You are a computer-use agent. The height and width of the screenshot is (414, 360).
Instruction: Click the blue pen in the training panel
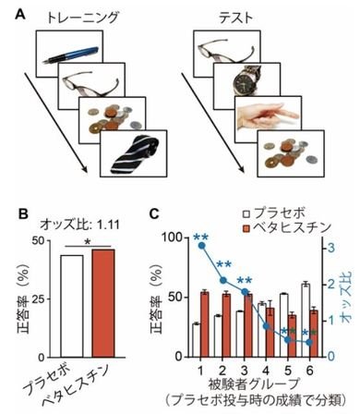(x=71, y=55)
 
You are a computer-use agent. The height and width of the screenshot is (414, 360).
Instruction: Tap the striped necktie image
(x=135, y=155)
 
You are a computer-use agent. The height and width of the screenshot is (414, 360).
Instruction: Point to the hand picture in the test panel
(x=267, y=116)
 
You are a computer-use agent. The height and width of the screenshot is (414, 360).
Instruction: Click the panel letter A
(x=20, y=15)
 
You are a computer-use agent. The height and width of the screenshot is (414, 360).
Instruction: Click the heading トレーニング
(x=82, y=17)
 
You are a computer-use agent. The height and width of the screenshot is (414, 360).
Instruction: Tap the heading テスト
(x=235, y=18)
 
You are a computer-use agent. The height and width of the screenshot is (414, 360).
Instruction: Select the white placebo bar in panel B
(x=72, y=306)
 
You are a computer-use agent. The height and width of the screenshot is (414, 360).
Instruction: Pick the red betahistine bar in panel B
(x=103, y=303)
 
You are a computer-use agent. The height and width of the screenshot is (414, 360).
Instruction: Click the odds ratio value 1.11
(x=108, y=225)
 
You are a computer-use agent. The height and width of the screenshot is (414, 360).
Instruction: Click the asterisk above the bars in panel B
(x=88, y=243)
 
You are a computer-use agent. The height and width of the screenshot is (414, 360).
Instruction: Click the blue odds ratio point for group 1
(x=202, y=246)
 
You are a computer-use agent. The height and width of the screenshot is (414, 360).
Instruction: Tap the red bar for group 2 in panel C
(x=226, y=325)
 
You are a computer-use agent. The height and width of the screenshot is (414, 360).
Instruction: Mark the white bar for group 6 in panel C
(x=306, y=320)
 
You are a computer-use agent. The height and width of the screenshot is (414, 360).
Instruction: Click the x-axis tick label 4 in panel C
(x=266, y=371)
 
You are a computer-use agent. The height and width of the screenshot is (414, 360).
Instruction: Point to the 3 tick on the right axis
(x=330, y=248)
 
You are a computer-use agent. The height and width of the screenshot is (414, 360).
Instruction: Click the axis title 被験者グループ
(x=254, y=384)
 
